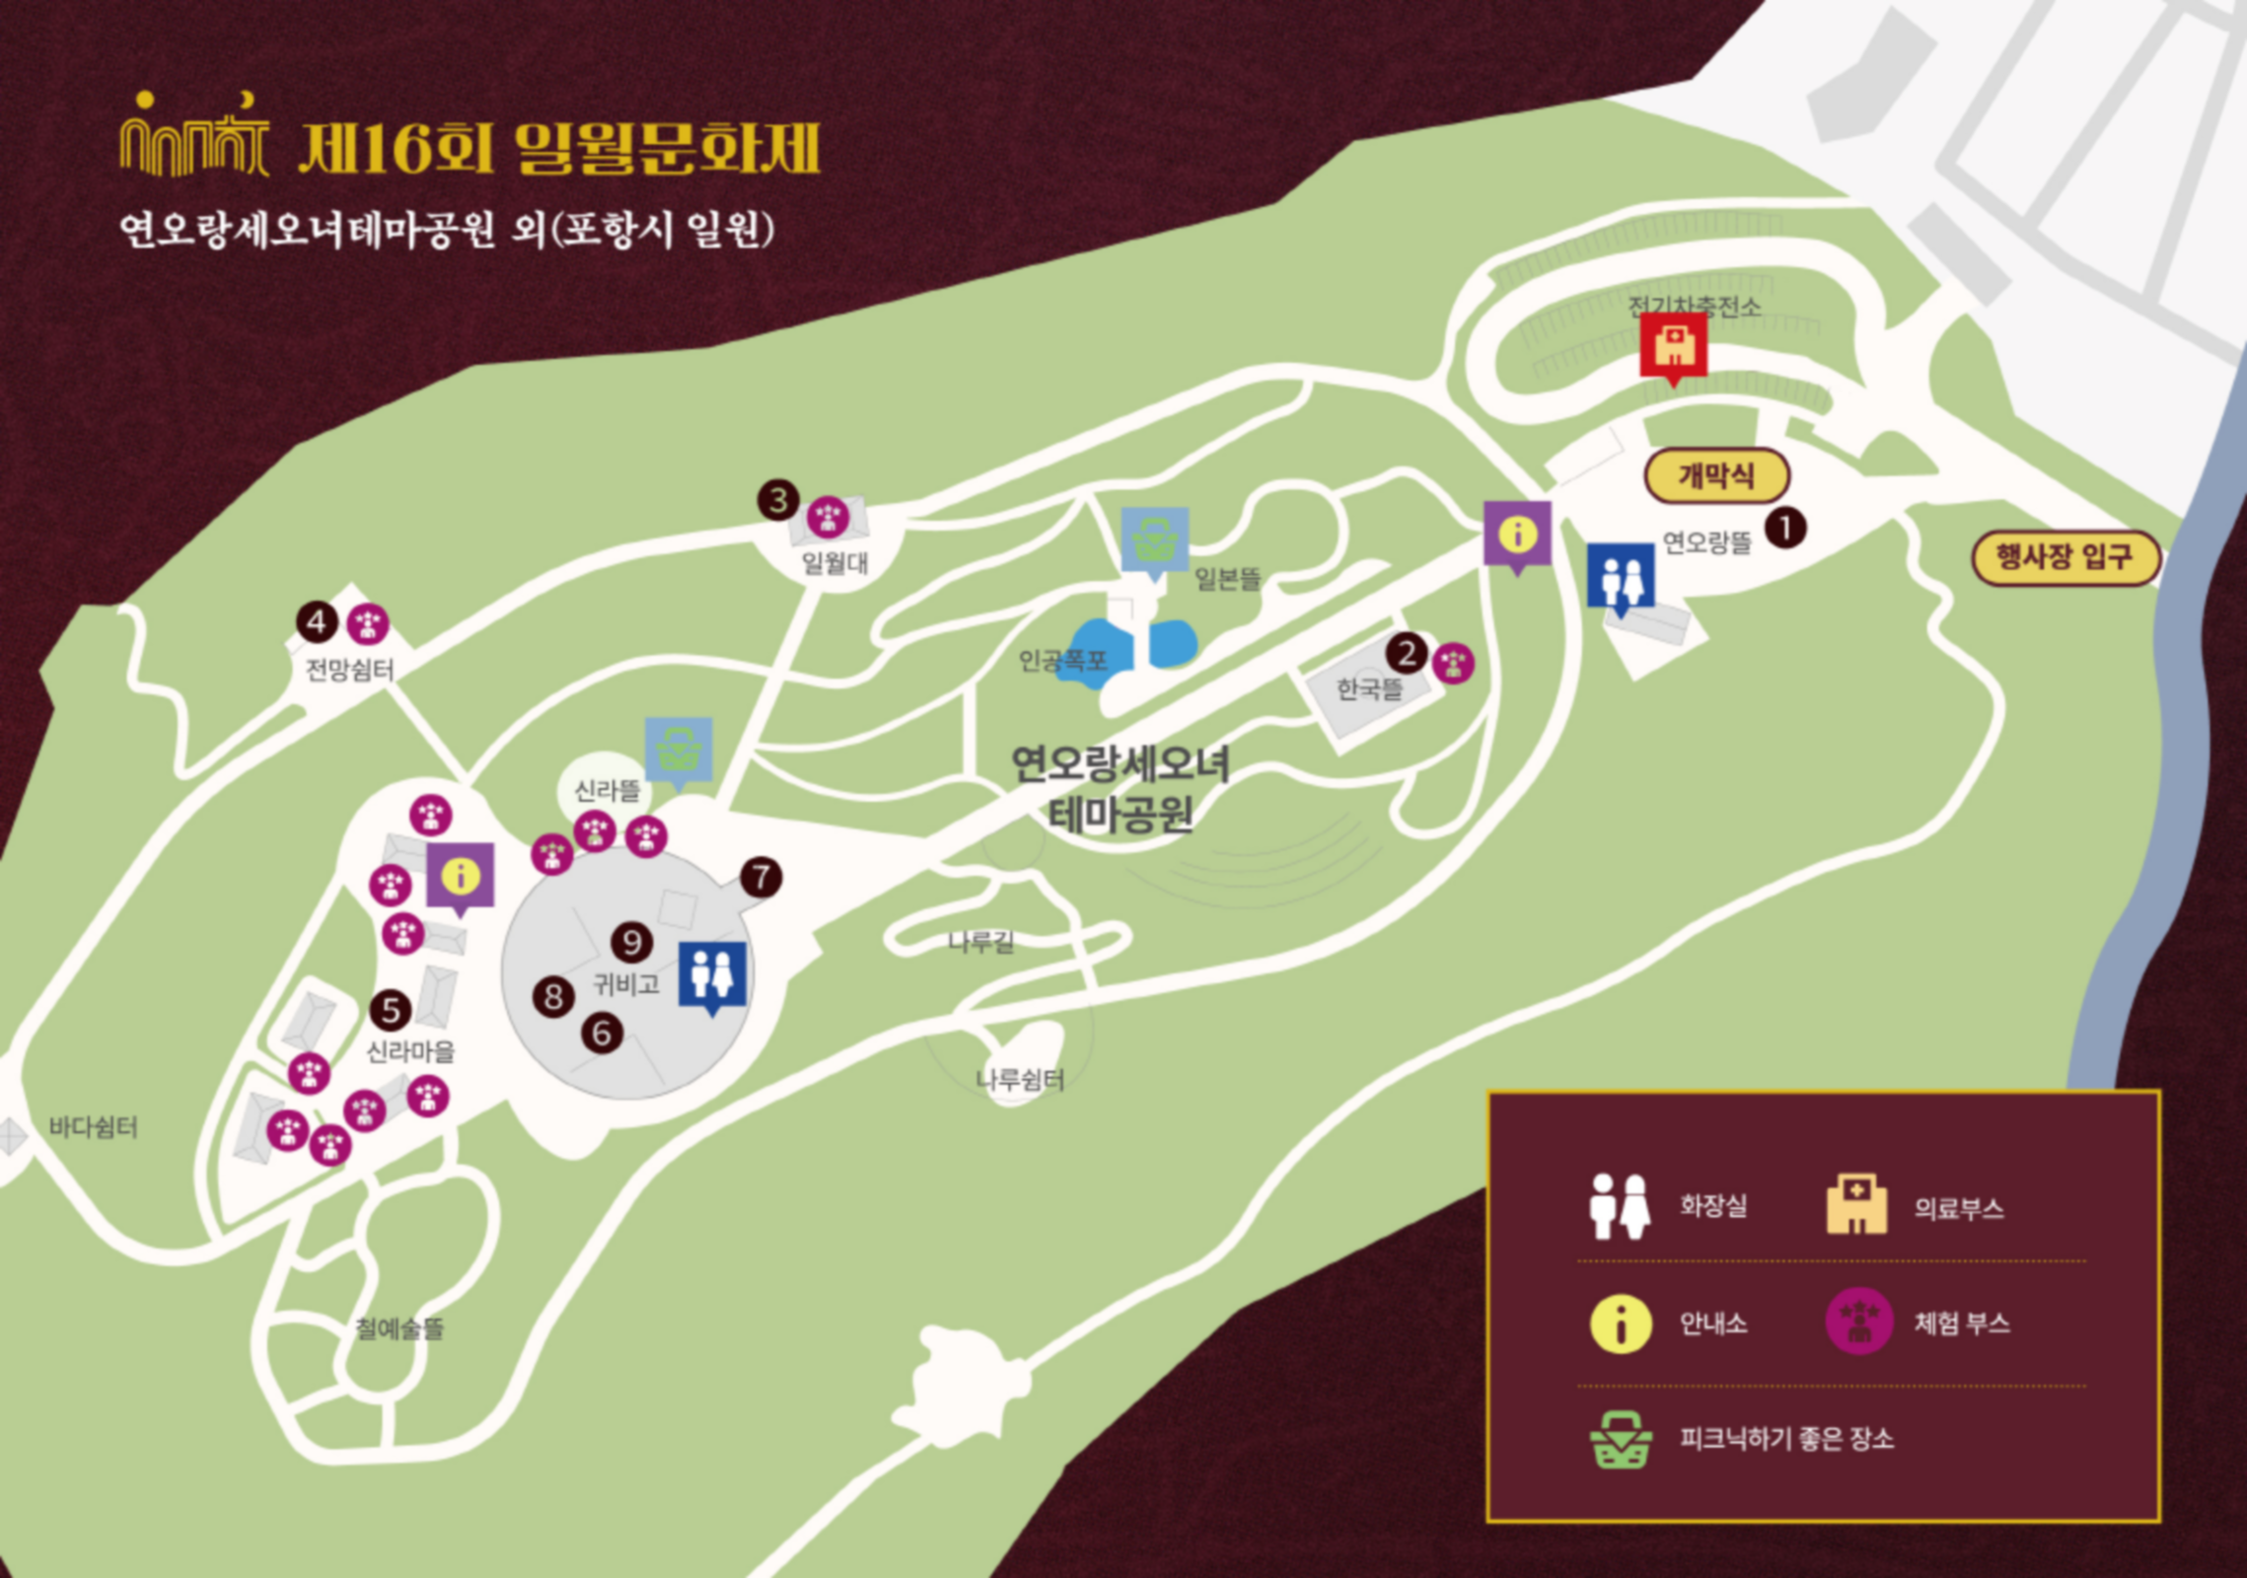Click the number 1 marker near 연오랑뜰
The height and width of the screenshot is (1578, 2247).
pyautogui.click(x=1784, y=529)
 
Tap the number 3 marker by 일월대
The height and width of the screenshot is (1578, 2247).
pyautogui.click(x=778, y=500)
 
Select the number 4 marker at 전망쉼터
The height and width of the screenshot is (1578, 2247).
pyautogui.click(x=317, y=622)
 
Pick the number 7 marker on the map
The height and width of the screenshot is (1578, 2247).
pyautogui.click(x=761, y=877)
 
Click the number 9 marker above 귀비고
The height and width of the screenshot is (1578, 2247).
pyautogui.click(x=631, y=943)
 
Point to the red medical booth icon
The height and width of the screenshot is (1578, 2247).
pyautogui.click(x=1673, y=346)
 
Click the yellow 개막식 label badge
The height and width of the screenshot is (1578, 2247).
pyautogui.click(x=1716, y=476)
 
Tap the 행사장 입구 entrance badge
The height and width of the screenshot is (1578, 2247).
pyautogui.click(x=2066, y=557)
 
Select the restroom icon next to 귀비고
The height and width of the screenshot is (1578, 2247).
pyautogui.click(x=712, y=973)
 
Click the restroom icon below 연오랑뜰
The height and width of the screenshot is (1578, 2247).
pyautogui.click(x=1621, y=576)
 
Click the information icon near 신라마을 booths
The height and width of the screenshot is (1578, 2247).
pyautogui.click(x=460, y=875)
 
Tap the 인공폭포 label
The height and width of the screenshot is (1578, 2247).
pyautogui.click(x=1061, y=660)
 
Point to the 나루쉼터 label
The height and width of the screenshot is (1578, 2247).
pyautogui.click(x=1020, y=1080)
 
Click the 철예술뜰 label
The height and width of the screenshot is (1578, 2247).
pyautogui.click(x=399, y=1328)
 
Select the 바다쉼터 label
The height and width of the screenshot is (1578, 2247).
pyautogui.click(x=94, y=1127)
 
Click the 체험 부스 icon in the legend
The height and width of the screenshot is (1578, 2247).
pyautogui.click(x=1858, y=1322)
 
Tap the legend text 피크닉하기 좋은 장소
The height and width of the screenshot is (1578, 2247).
pyautogui.click(x=1786, y=1439)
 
